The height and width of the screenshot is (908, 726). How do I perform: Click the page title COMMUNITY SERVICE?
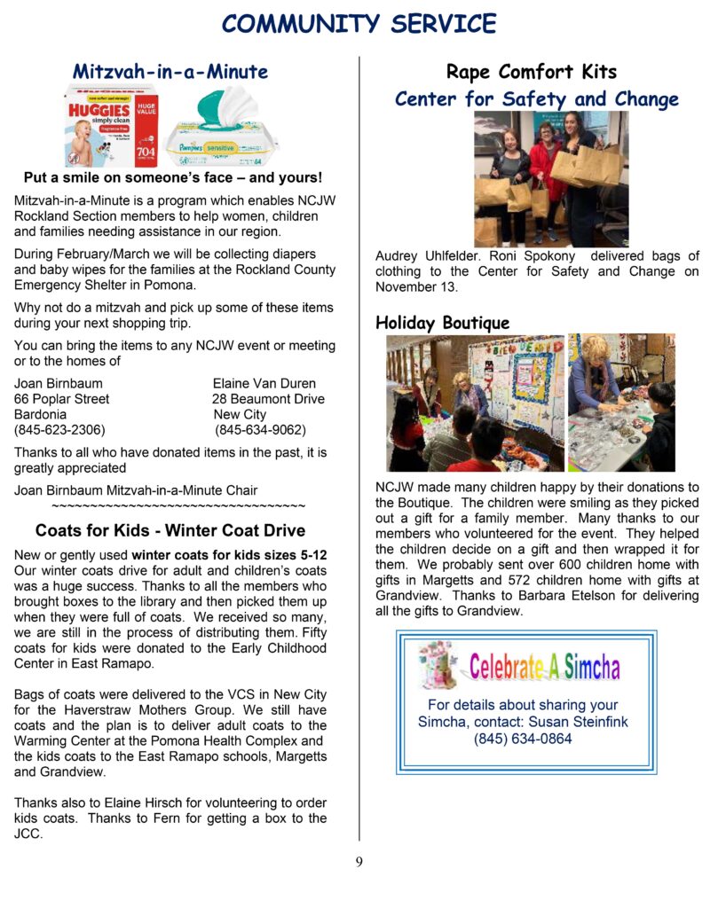(x=359, y=23)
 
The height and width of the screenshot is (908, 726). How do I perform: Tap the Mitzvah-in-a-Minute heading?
(x=170, y=71)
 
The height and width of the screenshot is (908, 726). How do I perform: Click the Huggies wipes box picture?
(x=110, y=125)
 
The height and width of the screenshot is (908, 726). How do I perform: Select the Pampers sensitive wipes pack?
(x=222, y=127)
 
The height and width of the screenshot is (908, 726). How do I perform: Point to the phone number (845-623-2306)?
(x=59, y=430)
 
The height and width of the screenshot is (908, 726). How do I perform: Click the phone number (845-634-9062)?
(x=261, y=430)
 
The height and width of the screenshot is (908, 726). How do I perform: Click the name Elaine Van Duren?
(x=264, y=384)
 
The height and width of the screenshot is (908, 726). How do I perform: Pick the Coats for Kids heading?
(x=170, y=531)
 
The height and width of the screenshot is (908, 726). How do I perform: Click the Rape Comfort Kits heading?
(x=531, y=72)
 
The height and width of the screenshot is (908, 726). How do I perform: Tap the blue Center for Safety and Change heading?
(x=536, y=98)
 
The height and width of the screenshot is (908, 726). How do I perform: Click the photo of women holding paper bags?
(x=550, y=178)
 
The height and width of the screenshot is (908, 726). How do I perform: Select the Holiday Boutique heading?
(x=442, y=323)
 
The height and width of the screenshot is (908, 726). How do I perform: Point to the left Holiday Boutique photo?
(x=475, y=403)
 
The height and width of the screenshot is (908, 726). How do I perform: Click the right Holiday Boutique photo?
(x=621, y=403)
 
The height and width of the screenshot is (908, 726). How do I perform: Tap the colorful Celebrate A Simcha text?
(x=544, y=666)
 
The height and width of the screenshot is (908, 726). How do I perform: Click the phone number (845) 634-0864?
(x=523, y=739)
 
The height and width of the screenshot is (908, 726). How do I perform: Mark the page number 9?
(x=359, y=861)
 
